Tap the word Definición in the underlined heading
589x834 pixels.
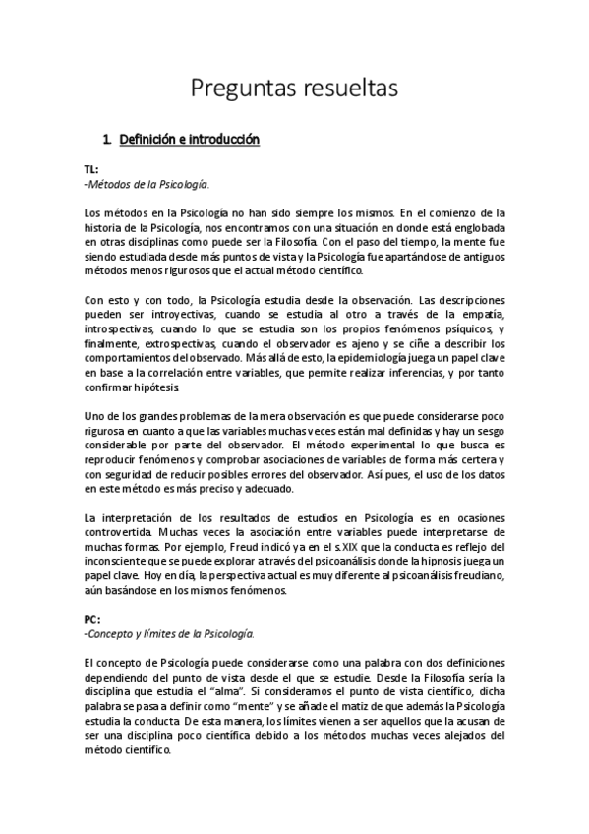coord(156,140)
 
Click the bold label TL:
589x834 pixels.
coord(91,169)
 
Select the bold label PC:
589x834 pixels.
coord(92,620)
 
